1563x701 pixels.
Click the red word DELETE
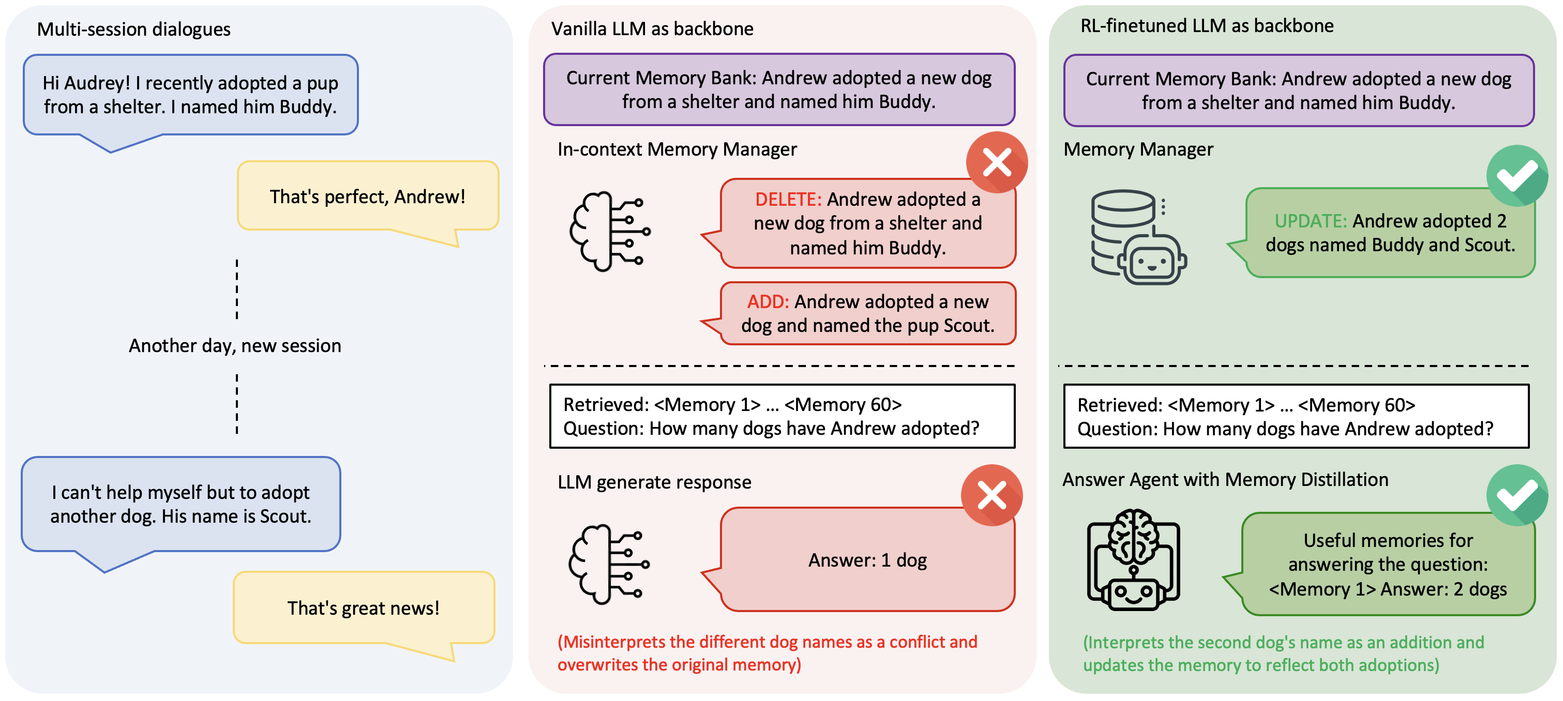click(x=788, y=200)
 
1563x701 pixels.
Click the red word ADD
click(x=768, y=301)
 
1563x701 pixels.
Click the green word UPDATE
click(x=1311, y=221)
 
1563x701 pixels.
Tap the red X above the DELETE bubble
click(x=997, y=162)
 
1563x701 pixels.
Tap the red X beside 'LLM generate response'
click(x=992, y=495)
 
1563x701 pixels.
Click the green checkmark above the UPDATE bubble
click(x=1517, y=176)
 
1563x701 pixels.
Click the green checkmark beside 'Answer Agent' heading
click(x=1517, y=495)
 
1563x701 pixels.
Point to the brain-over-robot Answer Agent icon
click(x=1133, y=560)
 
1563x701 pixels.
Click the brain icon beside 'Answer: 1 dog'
click(x=609, y=565)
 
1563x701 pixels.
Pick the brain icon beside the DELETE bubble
click(x=610, y=231)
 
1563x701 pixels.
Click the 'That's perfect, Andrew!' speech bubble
click(x=368, y=196)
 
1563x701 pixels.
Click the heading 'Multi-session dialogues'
click(x=133, y=29)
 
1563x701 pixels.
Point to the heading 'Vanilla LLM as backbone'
click(x=652, y=28)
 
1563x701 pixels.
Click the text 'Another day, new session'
click(x=235, y=346)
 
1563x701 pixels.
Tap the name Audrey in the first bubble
click(x=96, y=83)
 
